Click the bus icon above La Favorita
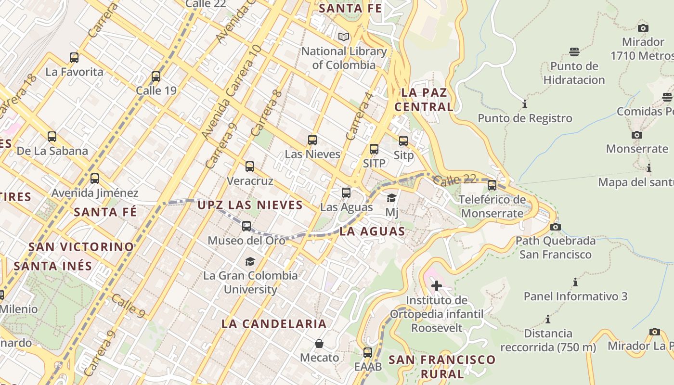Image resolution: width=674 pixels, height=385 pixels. (74, 58)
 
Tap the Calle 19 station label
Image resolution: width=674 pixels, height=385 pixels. (156, 90)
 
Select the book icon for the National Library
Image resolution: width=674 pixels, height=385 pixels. (344, 37)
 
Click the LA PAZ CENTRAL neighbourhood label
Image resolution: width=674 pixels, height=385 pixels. (424, 100)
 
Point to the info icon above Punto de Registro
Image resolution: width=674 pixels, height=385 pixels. (525, 104)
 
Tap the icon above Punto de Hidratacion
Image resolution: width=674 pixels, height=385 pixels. (574, 51)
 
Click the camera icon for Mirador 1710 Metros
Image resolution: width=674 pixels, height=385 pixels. (643, 28)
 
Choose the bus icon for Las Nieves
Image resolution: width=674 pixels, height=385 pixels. (312, 140)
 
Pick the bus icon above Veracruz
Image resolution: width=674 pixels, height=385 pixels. (249, 167)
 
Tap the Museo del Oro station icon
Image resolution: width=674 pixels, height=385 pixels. (246, 226)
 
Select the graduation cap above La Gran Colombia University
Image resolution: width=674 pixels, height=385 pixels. (250, 261)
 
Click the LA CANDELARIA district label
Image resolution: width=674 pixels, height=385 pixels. (274, 324)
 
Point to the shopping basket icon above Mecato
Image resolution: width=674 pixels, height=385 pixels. (319, 344)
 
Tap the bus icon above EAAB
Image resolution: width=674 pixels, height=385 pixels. (368, 352)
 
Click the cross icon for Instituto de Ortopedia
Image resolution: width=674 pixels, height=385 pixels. (437, 286)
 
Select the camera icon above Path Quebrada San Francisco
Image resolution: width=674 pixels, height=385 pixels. (555, 227)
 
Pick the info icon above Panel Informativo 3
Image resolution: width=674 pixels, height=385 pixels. (575, 282)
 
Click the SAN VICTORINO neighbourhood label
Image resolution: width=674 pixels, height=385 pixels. (81, 247)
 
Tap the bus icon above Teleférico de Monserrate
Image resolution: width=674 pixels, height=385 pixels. (492, 185)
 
